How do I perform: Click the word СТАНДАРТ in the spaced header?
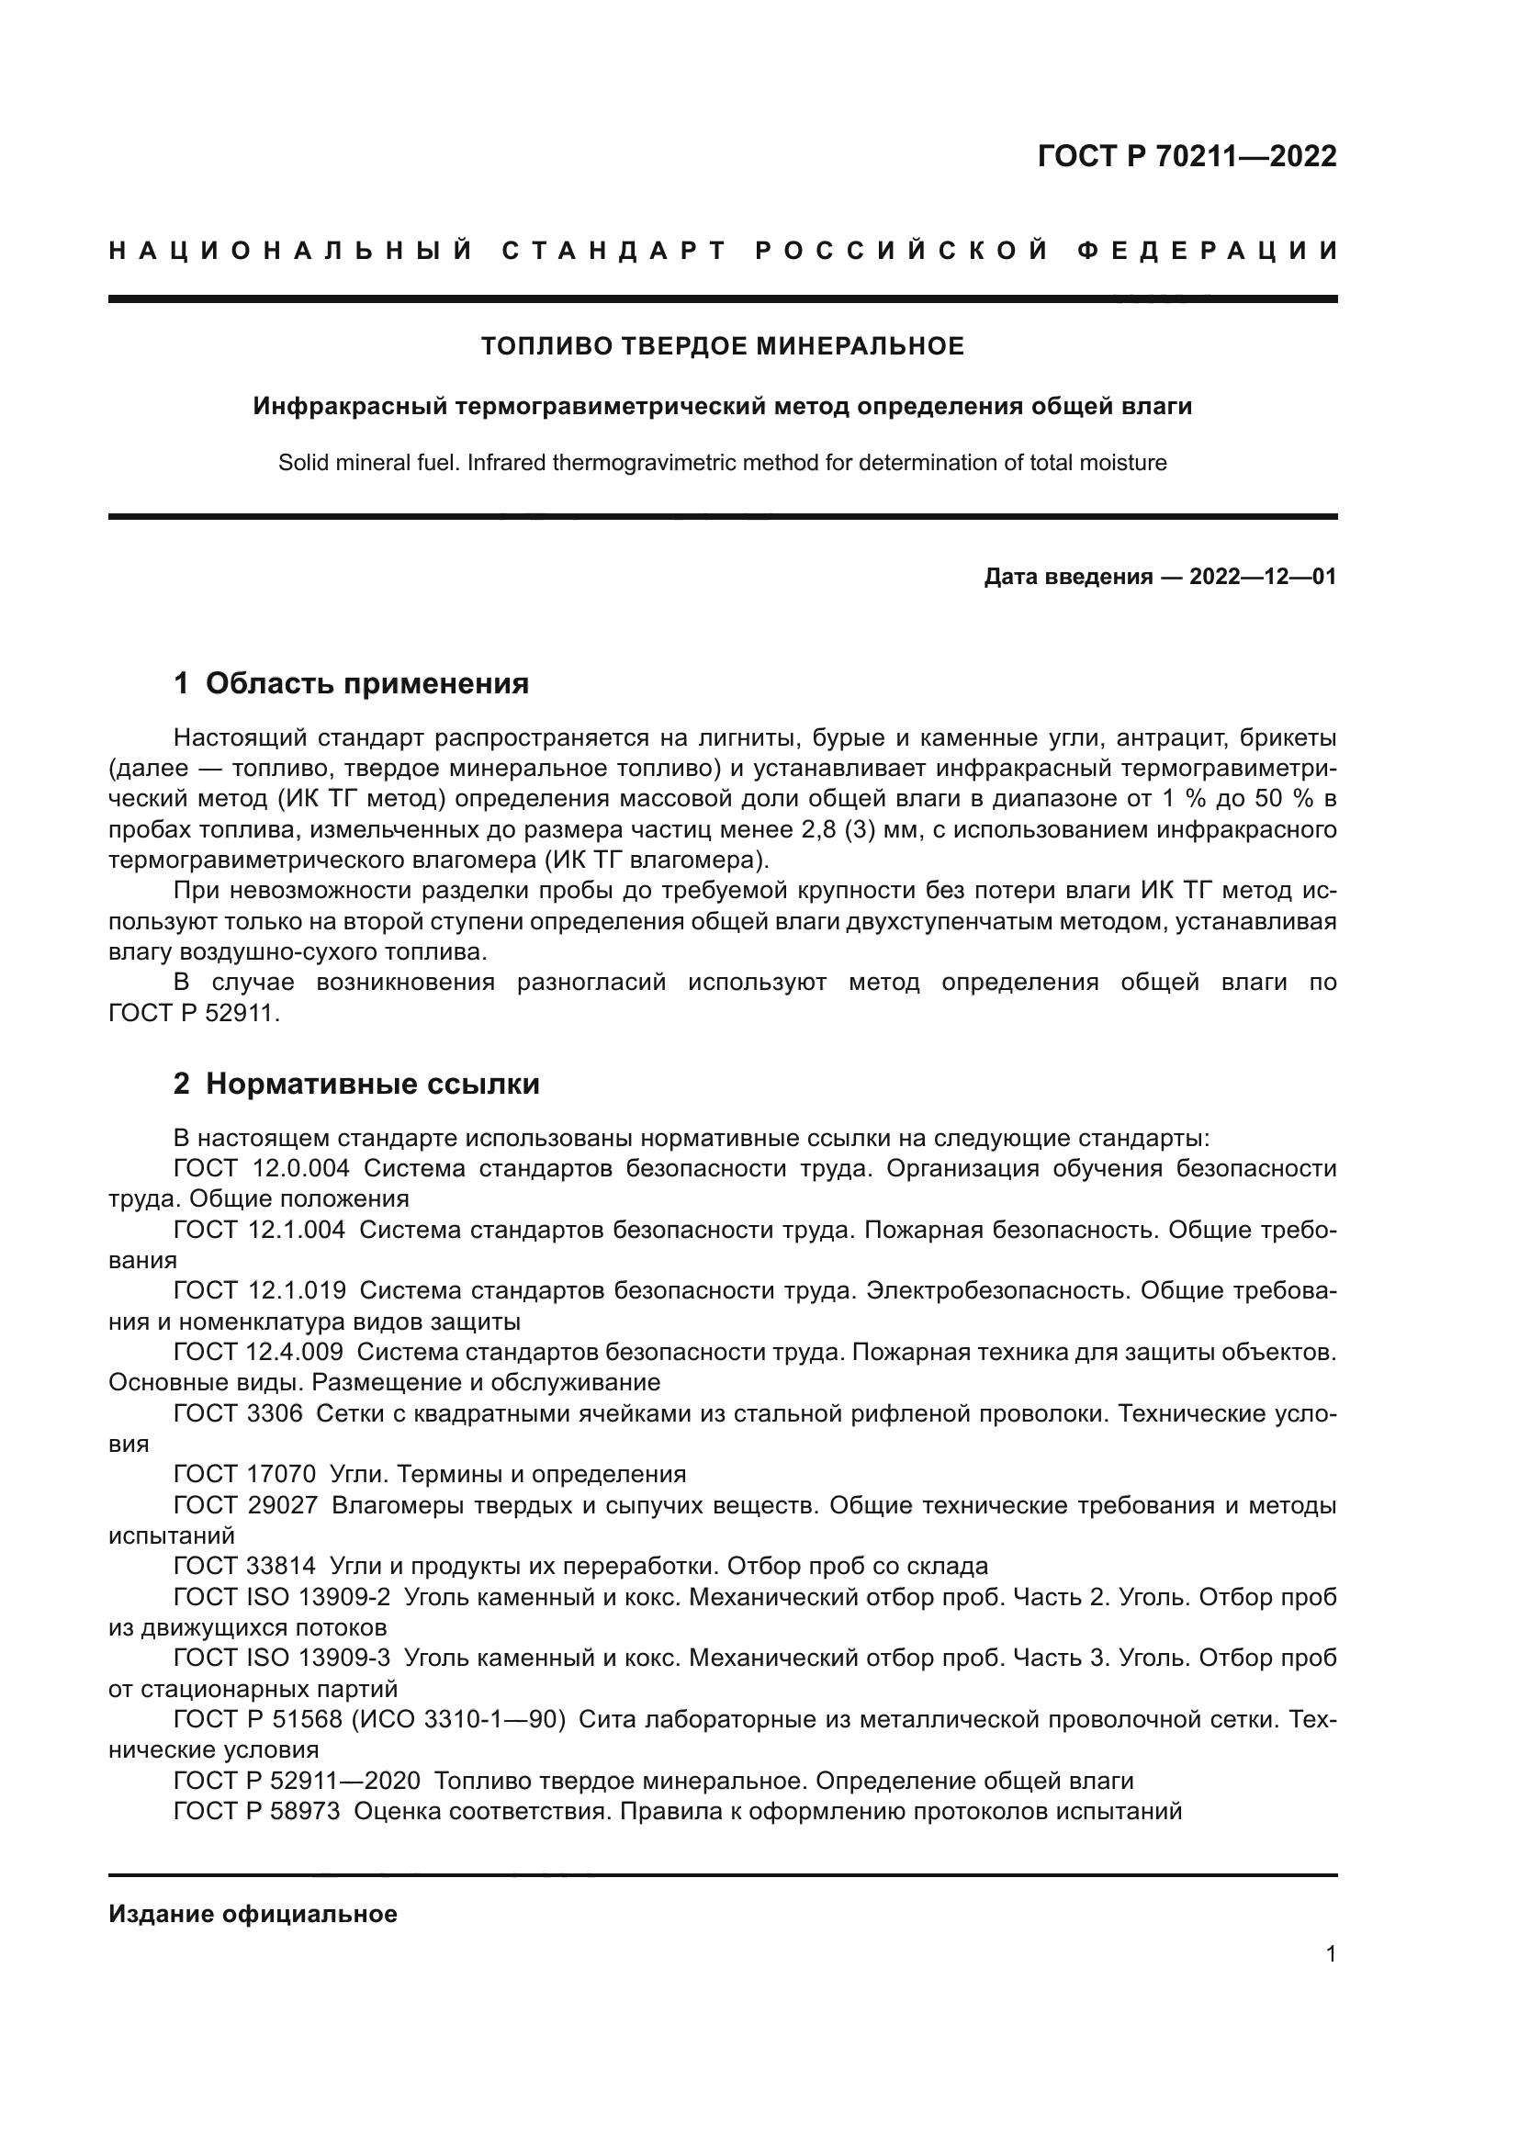(x=613, y=251)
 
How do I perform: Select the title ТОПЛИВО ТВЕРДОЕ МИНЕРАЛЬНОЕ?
(x=722, y=347)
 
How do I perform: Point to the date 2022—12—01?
(x=1263, y=578)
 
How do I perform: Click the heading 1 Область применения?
(x=352, y=684)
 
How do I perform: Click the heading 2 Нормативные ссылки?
(x=356, y=1085)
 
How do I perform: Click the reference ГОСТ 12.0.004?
(x=262, y=1168)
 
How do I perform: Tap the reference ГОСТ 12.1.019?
(x=259, y=1291)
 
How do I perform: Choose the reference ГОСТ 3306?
(x=239, y=1413)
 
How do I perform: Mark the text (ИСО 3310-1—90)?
(x=458, y=1719)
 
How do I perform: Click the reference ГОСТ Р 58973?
(x=257, y=1811)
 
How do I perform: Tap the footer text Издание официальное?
(x=253, y=1914)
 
